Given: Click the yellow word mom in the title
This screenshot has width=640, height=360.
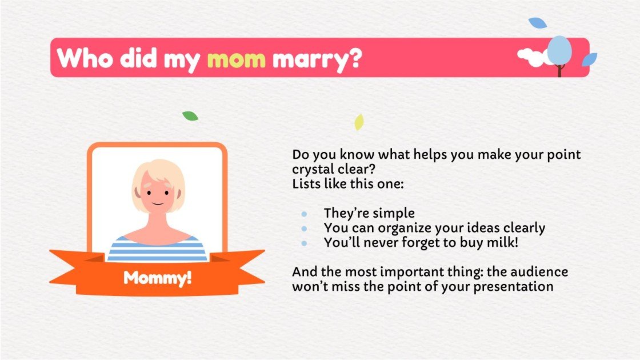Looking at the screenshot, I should (236, 58).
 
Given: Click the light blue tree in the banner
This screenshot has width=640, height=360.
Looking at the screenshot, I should (559, 51).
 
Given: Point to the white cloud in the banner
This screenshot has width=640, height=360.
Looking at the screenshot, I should (531, 57).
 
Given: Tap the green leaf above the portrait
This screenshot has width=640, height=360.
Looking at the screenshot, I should (190, 116).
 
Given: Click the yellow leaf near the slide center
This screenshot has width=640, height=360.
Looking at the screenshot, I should (359, 122).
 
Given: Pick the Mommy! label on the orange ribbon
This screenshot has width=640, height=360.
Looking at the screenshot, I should (157, 278).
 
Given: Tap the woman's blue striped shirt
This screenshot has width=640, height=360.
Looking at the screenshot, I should (157, 249).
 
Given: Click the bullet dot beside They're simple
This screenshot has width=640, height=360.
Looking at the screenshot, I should (304, 214).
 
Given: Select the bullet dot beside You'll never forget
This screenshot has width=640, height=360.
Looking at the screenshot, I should (304, 243).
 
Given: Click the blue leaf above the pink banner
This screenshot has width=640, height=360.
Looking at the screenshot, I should (537, 23).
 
